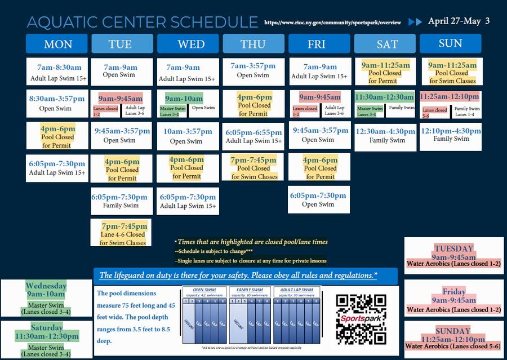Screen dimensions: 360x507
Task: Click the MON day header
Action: tap(57, 44)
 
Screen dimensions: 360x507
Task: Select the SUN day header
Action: tap(451, 43)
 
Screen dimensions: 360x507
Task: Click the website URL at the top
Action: tap(332, 23)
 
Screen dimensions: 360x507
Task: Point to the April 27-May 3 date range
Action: tap(459, 21)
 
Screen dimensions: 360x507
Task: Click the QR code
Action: tap(361, 319)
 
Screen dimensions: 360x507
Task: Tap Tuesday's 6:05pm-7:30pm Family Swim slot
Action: tap(121, 201)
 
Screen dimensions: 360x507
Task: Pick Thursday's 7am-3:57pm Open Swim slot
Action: tap(253, 70)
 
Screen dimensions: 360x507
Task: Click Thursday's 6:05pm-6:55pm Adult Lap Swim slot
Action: tap(253, 136)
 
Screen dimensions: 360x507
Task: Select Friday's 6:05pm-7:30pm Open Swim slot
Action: tap(318, 200)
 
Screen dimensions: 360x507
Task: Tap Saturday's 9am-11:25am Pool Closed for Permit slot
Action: tap(385, 72)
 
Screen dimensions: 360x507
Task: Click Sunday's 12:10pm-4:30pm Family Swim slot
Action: tap(451, 135)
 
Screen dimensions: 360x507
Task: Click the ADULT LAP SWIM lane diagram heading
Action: tap(296, 290)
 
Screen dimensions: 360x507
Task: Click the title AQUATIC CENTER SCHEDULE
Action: tap(142, 22)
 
